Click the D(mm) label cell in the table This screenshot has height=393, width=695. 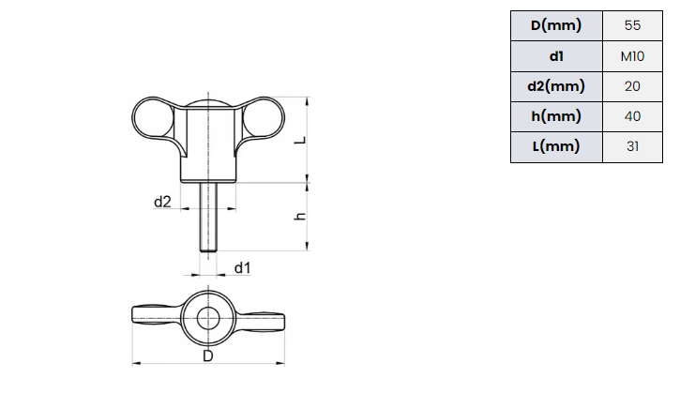[x=556, y=25]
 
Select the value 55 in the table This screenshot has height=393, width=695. [x=632, y=25]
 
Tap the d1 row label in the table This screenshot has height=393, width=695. [x=556, y=56]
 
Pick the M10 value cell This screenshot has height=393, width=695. [x=632, y=56]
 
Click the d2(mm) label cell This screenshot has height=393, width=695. [x=556, y=86]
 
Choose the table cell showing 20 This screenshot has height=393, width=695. [x=632, y=86]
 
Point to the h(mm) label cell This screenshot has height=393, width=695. [x=556, y=116]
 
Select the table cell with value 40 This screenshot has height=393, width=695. [x=632, y=116]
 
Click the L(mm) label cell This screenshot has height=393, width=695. [x=556, y=146]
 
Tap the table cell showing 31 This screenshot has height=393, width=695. [x=632, y=146]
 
